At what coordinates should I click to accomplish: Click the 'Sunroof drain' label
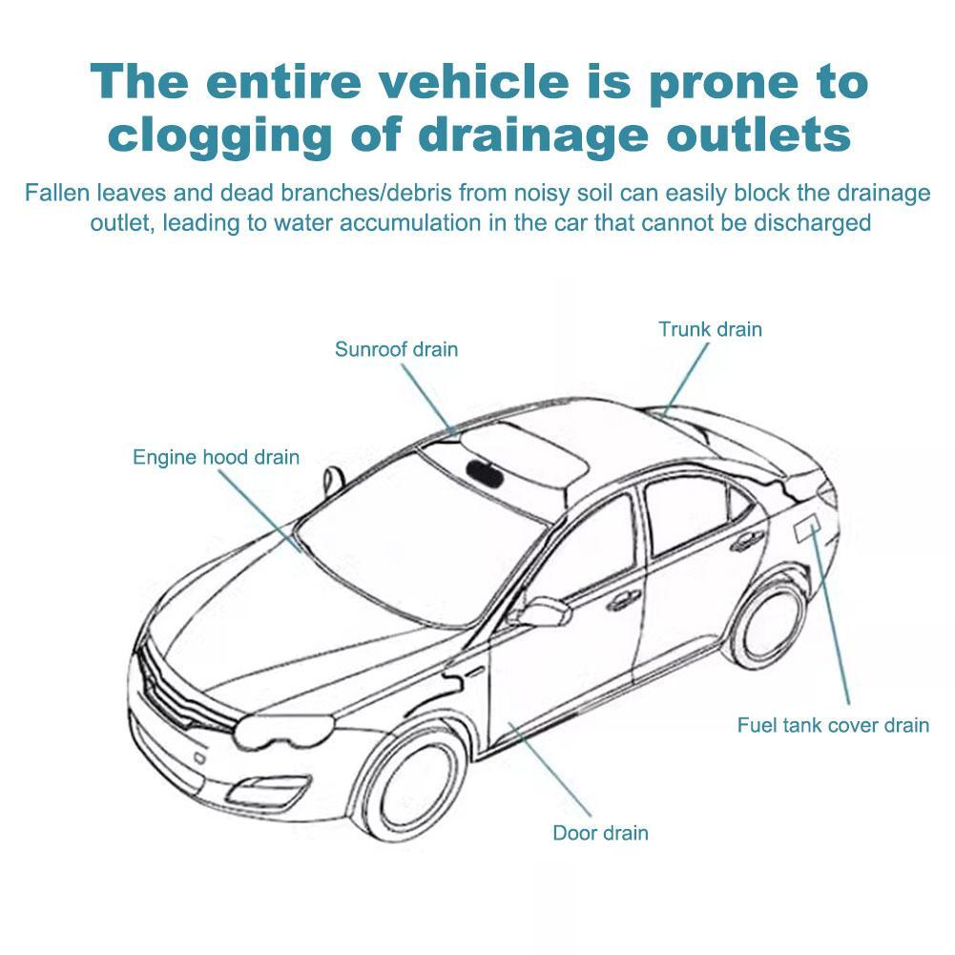pos(397,349)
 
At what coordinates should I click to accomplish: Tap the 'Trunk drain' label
pos(710,329)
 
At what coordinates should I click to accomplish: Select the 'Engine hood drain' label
pos(217,457)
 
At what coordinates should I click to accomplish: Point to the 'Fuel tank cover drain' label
pos(833,725)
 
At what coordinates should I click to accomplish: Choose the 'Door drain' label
pos(600,833)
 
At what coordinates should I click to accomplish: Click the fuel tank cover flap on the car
pos(808,528)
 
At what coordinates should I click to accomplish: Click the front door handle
pos(623,600)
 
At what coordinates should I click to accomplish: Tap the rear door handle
pos(749,540)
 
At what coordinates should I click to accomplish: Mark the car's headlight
pos(282,730)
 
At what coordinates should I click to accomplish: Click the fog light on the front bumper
pos(265,792)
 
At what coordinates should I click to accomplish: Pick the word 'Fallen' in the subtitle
pos(57,193)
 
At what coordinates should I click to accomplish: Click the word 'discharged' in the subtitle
pos(812,223)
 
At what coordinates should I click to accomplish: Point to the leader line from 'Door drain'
pos(550,770)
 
